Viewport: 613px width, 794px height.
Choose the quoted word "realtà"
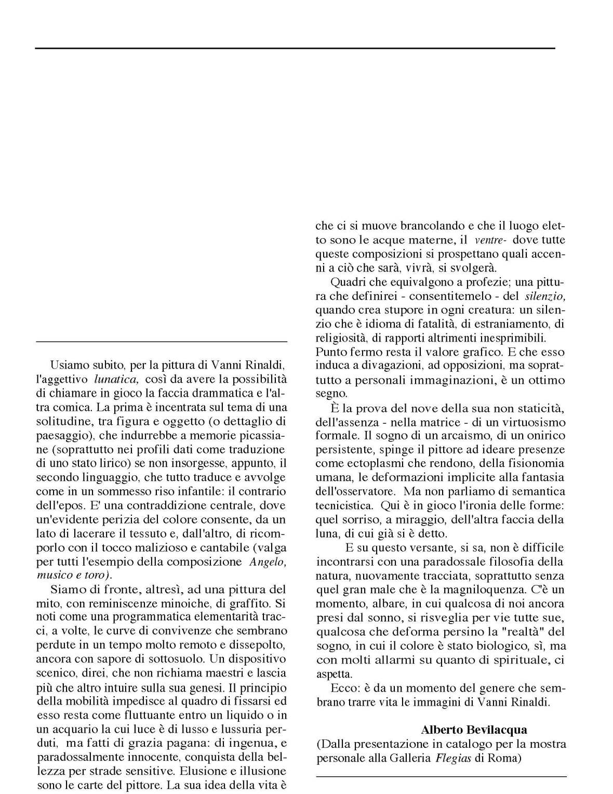pos(517,632)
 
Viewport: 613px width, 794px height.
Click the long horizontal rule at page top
pos(295,48)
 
